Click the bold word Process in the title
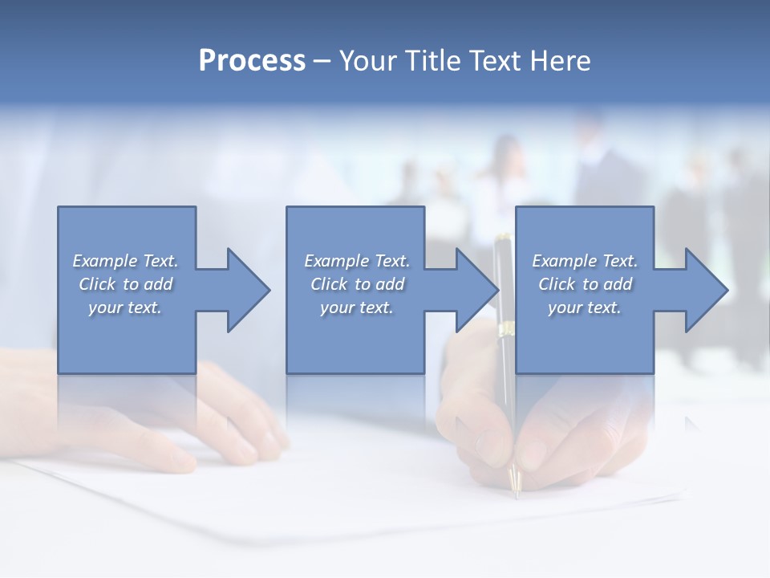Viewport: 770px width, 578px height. (252, 61)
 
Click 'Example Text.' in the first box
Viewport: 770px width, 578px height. (125, 261)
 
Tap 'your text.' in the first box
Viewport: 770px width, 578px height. (125, 307)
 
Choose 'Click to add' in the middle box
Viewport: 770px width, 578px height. (357, 284)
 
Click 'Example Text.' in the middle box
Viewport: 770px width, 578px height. (357, 261)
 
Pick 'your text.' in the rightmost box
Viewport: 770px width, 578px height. (585, 307)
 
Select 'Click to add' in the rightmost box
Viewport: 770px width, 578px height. (585, 284)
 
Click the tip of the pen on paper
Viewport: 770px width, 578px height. (517, 491)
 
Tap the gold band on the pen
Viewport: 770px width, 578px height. (507, 329)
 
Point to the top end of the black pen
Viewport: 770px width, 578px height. (503, 238)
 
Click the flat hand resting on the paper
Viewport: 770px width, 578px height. (184, 417)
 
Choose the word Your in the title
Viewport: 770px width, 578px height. (367, 61)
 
